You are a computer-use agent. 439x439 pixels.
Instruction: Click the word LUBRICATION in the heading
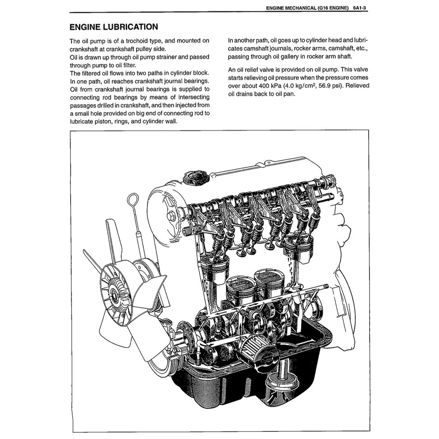tap(131, 27)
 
